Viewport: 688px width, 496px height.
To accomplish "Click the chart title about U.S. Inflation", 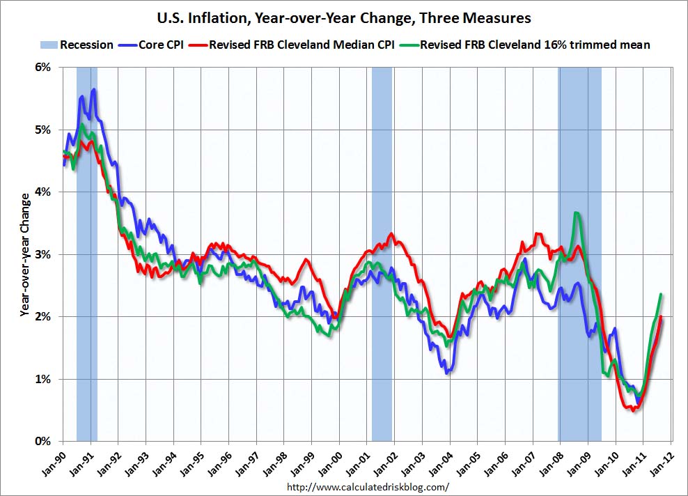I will tap(343, 16).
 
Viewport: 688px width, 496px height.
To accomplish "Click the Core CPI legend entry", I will tap(164, 45).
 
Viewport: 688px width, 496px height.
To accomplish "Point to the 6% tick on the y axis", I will tap(43, 68).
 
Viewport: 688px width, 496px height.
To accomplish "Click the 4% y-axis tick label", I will tap(43, 192).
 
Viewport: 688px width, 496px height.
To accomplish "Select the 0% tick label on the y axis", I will tap(43, 441).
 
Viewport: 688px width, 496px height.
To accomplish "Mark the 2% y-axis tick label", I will tap(43, 316).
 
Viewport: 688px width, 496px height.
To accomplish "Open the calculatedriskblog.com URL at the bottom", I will tap(368, 487).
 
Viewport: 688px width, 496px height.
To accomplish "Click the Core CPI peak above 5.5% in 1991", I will tap(93, 90).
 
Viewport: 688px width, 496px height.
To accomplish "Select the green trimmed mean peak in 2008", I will tap(576, 213).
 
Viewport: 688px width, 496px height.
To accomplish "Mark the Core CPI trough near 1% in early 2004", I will tap(447, 372).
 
